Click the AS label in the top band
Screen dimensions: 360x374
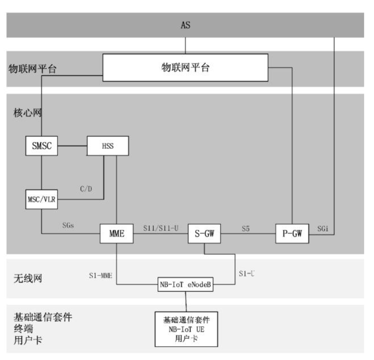point(185,25)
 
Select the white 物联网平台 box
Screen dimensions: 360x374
point(185,68)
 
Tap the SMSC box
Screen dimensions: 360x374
point(42,146)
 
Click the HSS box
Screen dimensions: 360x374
point(108,146)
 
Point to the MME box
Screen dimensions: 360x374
point(117,234)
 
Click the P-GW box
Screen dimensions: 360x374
point(292,234)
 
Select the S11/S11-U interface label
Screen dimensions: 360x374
point(160,227)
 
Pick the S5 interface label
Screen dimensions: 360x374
point(246,227)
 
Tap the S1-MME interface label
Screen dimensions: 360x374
point(100,275)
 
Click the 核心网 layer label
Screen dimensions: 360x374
point(25,113)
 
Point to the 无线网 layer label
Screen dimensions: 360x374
point(25,278)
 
